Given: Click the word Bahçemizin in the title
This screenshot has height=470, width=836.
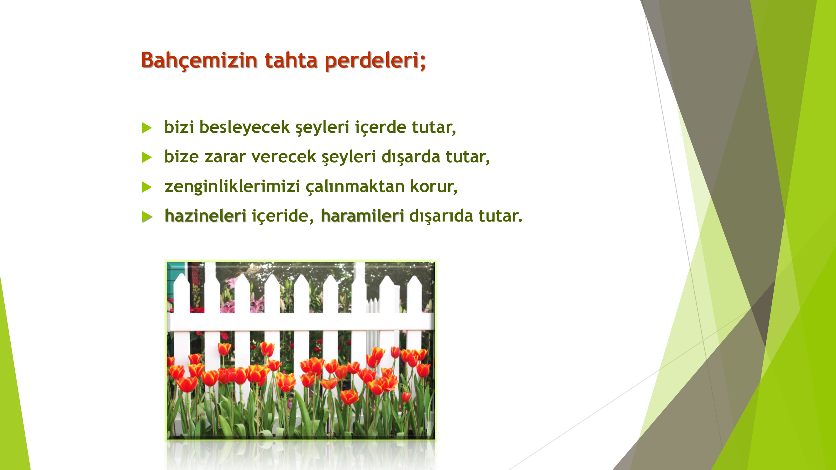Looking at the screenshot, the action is pos(200,61).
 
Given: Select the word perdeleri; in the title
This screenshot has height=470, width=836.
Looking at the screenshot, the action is pos(376,61).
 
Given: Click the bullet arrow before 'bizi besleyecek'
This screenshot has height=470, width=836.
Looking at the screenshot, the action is pos(147,128).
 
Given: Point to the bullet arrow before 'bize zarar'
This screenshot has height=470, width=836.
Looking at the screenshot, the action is pos(147,157).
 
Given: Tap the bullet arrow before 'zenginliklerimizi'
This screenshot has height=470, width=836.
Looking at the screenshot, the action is pos(147,187).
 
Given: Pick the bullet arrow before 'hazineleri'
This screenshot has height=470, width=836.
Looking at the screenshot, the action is pos(147,217).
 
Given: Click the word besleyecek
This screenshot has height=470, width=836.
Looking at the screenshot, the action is pos(244,127).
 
